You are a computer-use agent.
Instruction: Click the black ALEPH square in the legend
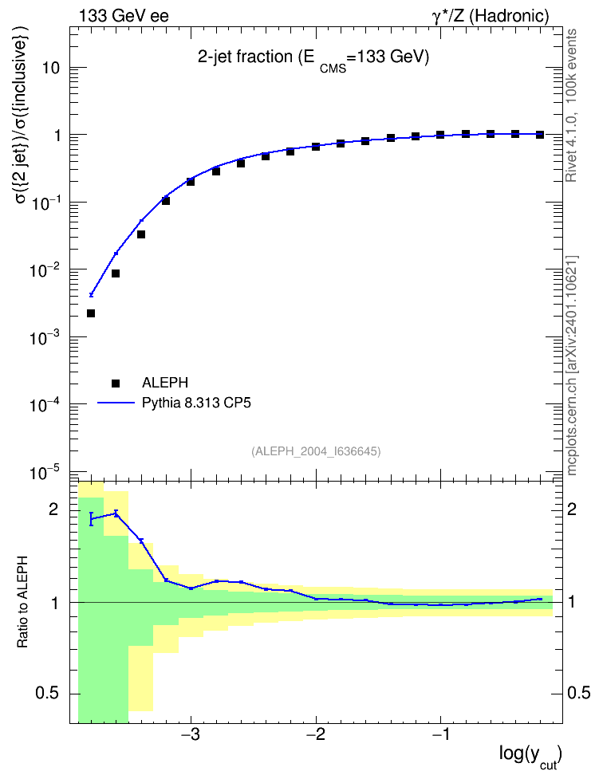(x=116, y=383)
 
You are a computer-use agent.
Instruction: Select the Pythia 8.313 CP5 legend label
(x=196, y=403)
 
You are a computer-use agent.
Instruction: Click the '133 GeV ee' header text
(x=124, y=16)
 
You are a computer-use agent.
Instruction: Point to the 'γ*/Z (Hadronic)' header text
(x=491, y=16)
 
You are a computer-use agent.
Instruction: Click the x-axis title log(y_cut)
(x=530, y=755)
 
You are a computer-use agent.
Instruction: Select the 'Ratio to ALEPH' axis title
(x=22, y=602)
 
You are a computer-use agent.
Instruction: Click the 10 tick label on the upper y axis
(x=51, y=68)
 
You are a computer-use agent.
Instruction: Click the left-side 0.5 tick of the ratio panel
(x=46, y=694)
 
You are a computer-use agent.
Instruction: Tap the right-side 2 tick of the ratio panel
(x=572, y=509)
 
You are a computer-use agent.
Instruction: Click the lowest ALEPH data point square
(x=90, y=313)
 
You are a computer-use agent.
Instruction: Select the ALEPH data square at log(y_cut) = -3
(x=191, y=182)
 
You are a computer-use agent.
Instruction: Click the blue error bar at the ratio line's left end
(x=91, y=519)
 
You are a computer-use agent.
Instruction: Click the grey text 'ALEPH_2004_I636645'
(x=316, y=451)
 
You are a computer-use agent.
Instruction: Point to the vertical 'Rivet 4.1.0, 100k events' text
(x=571, y=105)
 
